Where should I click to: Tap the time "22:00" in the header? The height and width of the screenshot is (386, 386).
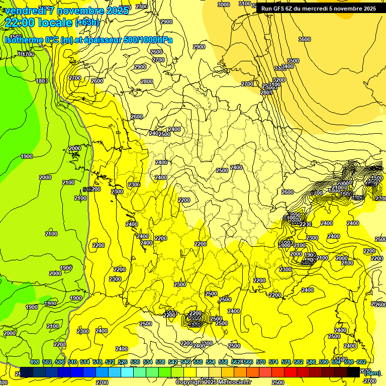click(19, 23)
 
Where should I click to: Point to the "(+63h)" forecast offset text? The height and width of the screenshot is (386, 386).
click(87, 23)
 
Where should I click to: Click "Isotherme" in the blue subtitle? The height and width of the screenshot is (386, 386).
click(24, 40)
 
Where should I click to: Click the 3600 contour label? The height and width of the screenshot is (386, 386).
click(304, 39)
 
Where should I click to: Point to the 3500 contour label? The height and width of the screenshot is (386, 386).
click(293, 61)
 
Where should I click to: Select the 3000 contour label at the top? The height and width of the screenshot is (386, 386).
click(224, 5)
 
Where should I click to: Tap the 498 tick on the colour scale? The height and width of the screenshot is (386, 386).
click(35, 362)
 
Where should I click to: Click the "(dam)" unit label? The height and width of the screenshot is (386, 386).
click(372, 372)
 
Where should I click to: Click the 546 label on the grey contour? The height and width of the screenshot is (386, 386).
click(87, 189)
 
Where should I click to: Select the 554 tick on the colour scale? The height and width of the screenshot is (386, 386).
click(211, 362)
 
